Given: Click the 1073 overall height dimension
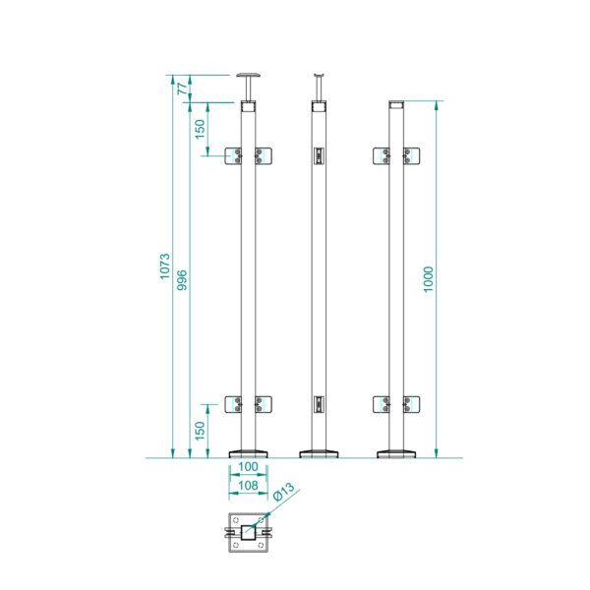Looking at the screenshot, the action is tap(165, 266).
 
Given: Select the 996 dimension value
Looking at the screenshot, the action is tap(182, 280).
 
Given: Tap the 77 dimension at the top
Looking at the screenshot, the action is tap(182, 88).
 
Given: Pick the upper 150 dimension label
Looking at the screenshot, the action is tap(200, 129).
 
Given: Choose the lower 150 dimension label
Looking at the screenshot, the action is tap(200, 431).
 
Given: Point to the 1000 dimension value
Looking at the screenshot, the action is tap(428, 279).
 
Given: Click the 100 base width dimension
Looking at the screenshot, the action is tap(248, 466).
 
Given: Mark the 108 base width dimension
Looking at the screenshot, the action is tap(248, 486).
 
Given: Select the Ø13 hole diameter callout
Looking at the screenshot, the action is tap(284, 492).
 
